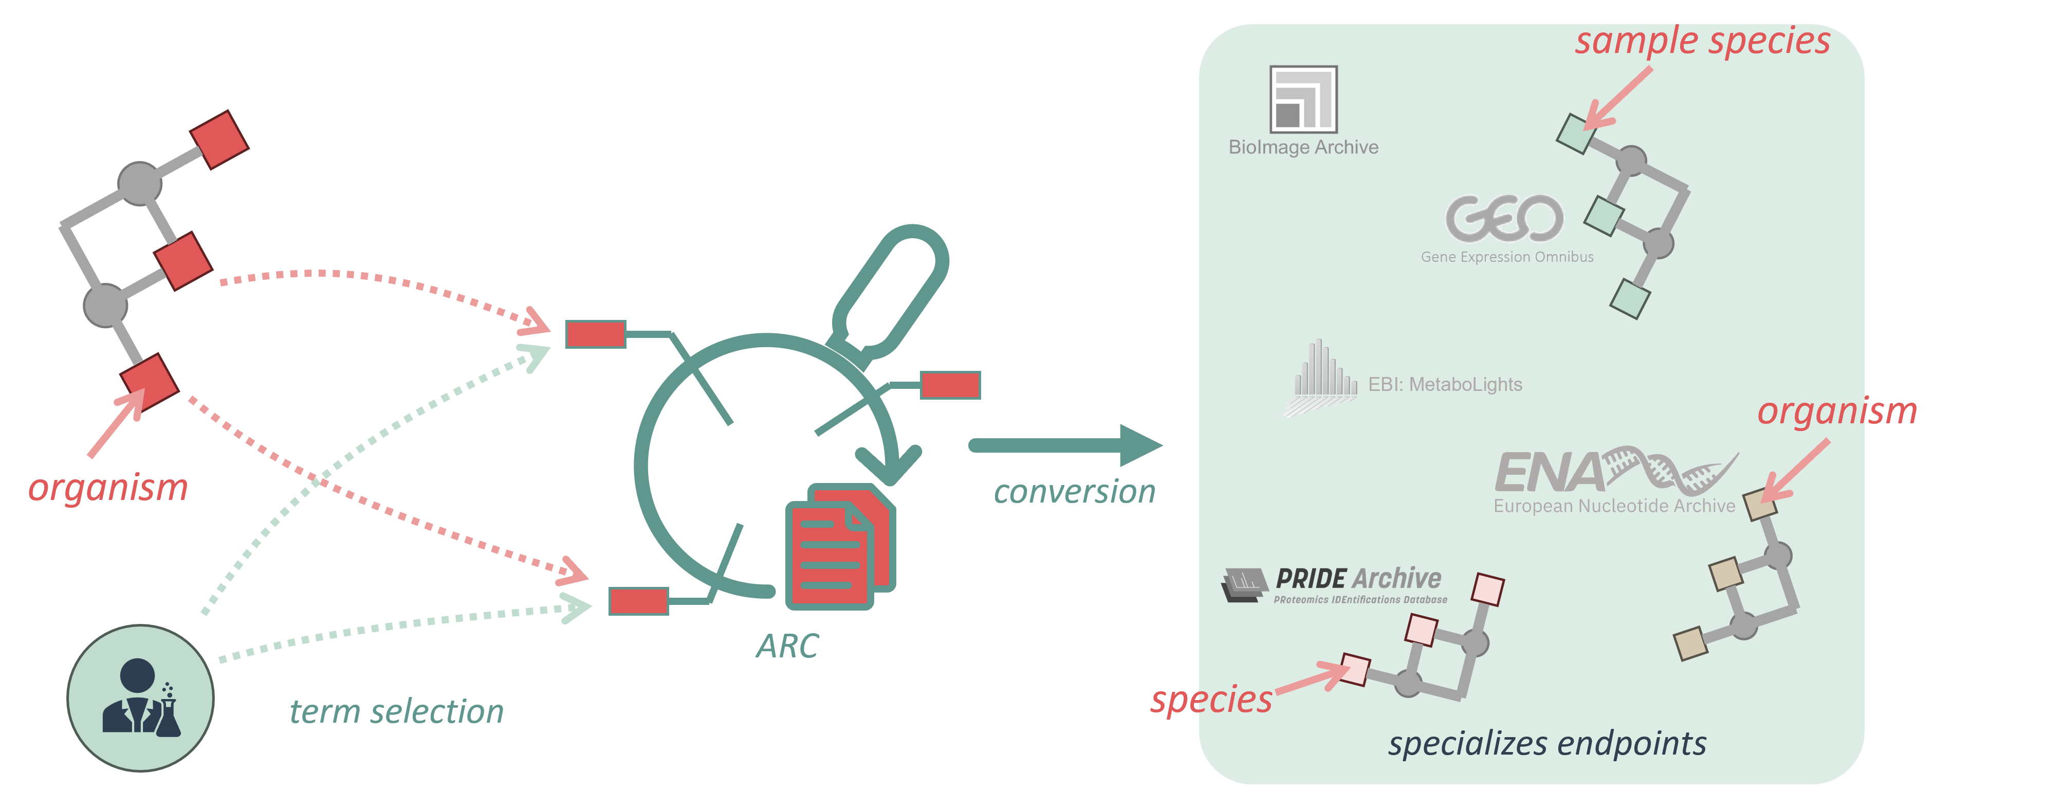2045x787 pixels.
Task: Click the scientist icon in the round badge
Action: pyautogui.click(x=140, y=697)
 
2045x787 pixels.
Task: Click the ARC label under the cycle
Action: pyautogui.click(x=787, y=646)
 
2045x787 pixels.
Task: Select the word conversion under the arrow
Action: pyautogui.click(x=1074, y=492)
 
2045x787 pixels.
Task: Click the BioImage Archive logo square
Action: pyautogui.click(x=1303, y=99)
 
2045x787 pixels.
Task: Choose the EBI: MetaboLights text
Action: pyautogui.click(x=1445, y=384)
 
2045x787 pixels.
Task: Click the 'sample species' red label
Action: pyautogui.click(x=1702, y=41)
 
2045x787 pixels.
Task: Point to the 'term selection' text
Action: pyautogui.click(x=396, y=711)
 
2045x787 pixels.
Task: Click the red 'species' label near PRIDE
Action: pyautogui.click(x=1211, y=700)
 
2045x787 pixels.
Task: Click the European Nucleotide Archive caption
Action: pyautogui.click(x=1614, y=506)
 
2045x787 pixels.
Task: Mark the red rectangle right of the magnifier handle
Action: pyautogui.click(x=950, y=385)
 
